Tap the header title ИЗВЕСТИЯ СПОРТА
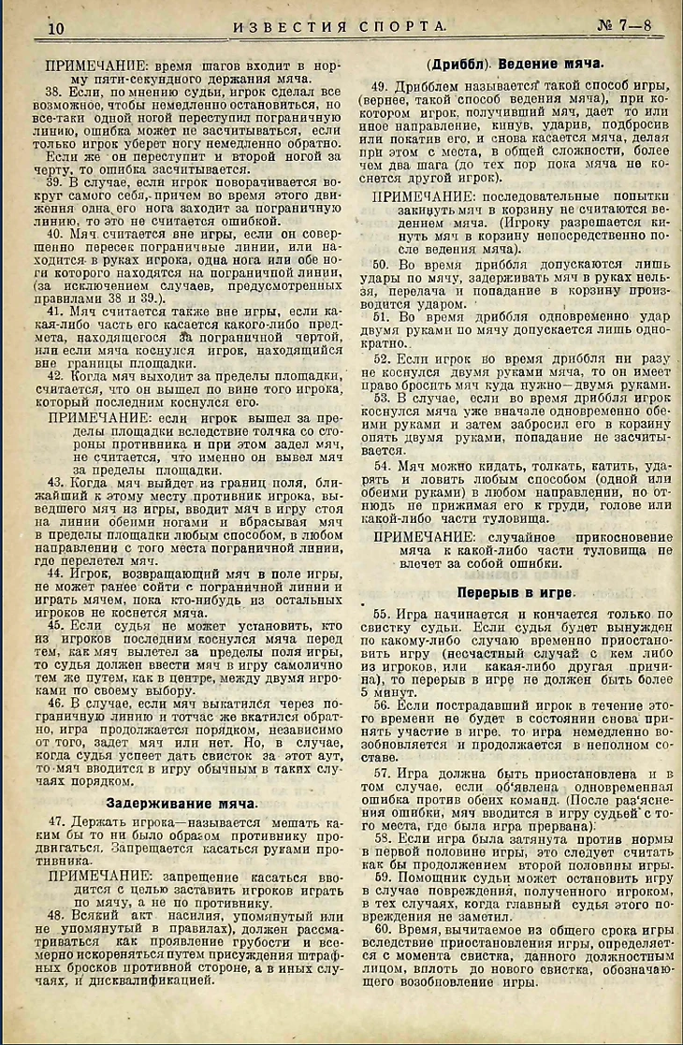(340, 27)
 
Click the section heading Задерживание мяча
(182, 802)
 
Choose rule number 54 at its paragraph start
(380, 464)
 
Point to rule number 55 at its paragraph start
(380, 614)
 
